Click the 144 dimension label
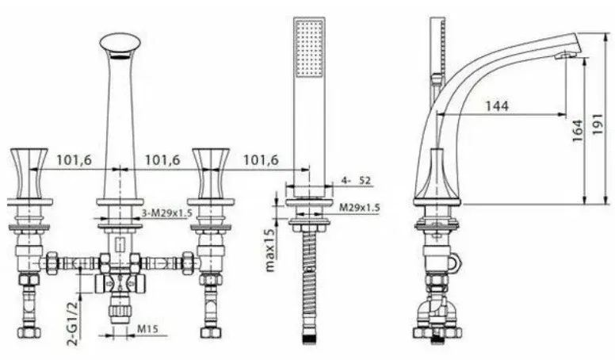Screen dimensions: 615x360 tap(497, 105)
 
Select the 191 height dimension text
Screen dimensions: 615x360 tap(598, 124)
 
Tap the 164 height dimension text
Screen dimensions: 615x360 tap(578, 131)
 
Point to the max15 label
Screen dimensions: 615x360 tap(270, 250)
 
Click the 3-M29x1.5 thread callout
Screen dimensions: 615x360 tap(166, 213)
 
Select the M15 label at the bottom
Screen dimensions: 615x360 tap(147, 328)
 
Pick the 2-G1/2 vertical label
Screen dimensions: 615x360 tap(74, 322)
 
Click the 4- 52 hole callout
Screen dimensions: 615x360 tap(356, 181)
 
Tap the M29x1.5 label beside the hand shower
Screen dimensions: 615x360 tap(359, 207)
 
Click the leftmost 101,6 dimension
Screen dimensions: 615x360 tap(74, 160)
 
